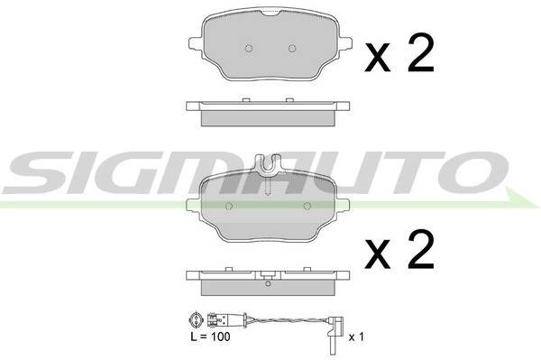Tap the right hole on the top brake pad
point(290,48)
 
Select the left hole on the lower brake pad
point(228,206)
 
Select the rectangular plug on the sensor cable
point(216,318)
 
